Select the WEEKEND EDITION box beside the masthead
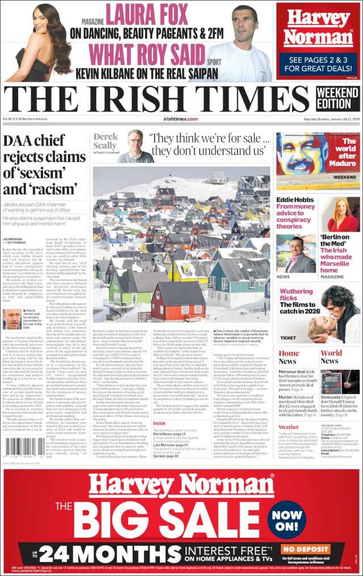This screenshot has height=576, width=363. click(x=337, y=97)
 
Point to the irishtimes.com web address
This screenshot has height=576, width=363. click(x=180, y=119)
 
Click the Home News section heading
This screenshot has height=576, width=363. click(x=289, y=357)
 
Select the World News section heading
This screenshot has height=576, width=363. click(x=331, y=357)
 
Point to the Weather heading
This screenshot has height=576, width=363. click(x=289, y=427)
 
